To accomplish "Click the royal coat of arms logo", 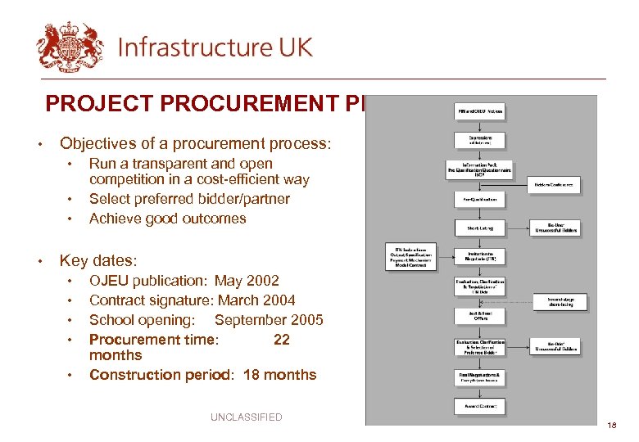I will point(70,47).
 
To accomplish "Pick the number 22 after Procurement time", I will point(281,340).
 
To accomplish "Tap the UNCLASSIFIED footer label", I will point(246,417).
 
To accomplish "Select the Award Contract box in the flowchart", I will point(480,406).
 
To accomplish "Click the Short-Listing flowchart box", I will point(480,228).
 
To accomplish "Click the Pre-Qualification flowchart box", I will point(480,199).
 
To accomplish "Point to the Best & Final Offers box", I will point(480,315).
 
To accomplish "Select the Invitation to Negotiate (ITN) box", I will point(480,255).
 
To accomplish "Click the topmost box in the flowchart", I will point(480,110).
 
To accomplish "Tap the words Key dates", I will point(98,261).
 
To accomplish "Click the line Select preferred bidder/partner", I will point(189,199).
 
